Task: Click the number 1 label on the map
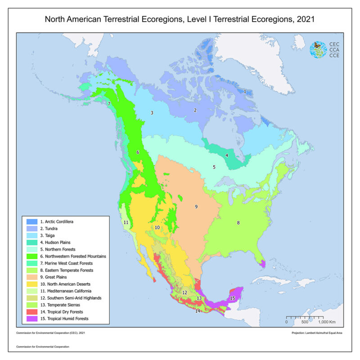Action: (245, 91)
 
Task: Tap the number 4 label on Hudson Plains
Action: (227, 156)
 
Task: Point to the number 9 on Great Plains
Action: (196, 207)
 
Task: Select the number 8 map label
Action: (238, 222)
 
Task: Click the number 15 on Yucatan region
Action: (233, 298)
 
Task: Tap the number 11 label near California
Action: (126, 223)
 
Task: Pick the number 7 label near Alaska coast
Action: (109, 104)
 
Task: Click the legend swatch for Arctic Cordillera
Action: (31, 222)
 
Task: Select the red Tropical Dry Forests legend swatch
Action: (31, 311)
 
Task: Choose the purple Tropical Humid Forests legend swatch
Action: (31, 318)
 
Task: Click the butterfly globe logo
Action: (318, 49)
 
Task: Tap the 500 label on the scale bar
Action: (304, 323)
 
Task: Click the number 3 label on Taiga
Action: (152, 112)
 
